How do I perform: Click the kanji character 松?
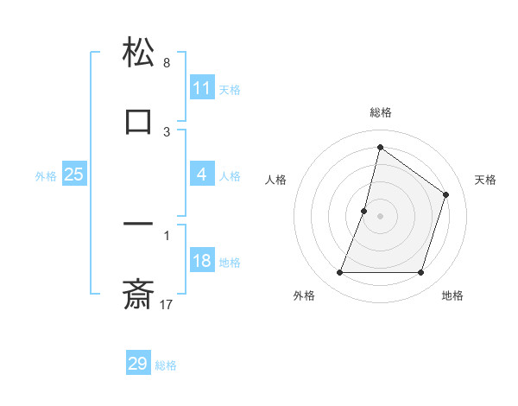(138, 54)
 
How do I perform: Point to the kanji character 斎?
(138, 294)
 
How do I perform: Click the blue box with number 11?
(202, 87)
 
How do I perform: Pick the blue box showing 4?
(202, 174)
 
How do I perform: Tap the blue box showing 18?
(202, 261)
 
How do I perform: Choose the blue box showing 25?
(74, 174)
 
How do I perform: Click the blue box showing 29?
(138, 363)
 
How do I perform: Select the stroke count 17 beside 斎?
(167, 304)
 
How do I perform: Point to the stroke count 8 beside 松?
(167, 63)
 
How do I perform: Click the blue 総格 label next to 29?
(166, 365)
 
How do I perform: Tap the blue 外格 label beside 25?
(46, 176)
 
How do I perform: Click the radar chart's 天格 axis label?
(485, 180)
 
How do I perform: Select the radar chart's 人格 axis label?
(275, 180)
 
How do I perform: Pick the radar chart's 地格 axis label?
(452, 295)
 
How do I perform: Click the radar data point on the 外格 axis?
(339, 273)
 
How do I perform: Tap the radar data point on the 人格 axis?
(364, 211)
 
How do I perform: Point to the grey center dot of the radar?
(380, 216)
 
